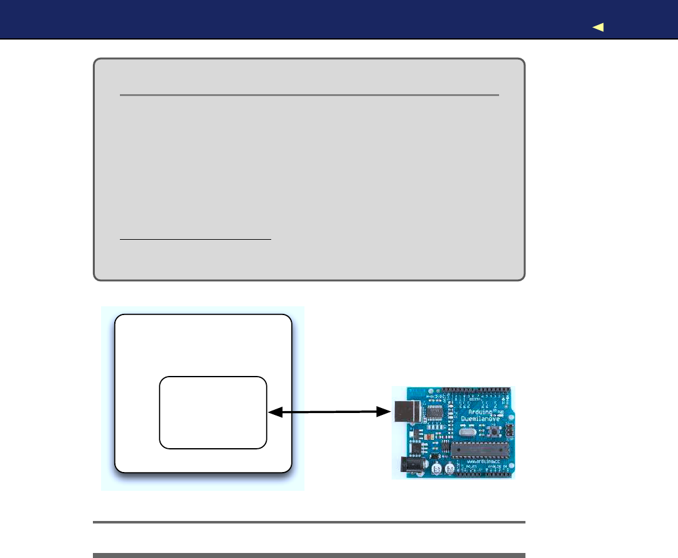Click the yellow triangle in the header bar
[x=598, y=27]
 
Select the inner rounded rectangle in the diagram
[x=213, y=412]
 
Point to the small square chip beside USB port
[x=434, y=412]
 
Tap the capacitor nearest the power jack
[x=434, y=466]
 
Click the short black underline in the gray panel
[x=195, y=239]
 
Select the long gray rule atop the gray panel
[x=309, y=95]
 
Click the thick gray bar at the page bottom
[x=309, y=555]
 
